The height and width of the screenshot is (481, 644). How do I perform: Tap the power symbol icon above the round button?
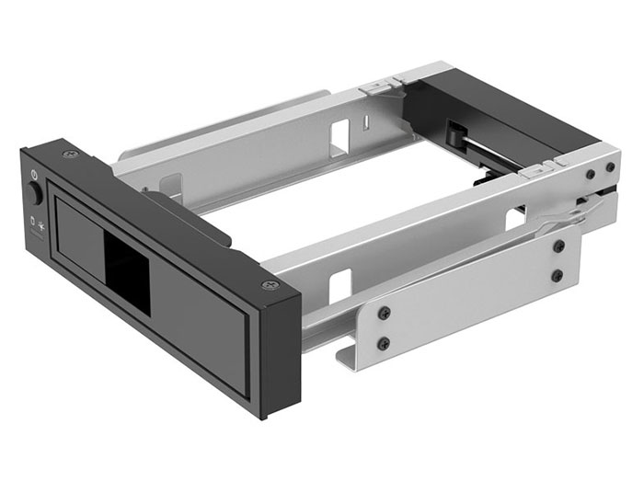pyautogui.click(x=34, y=175)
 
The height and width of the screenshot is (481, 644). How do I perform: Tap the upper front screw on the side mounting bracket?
pyautogui.click(x=383, y=313)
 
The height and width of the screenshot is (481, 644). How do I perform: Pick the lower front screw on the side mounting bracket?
pyautogui.click(x=384, y=343)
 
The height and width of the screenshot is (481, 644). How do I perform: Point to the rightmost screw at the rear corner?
pyautogui.click(x=608, y=169)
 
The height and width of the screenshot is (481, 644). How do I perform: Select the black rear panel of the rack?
pyautogui.click(x=515, y=110)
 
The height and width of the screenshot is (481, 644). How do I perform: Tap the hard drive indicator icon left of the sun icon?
pyautogui.click(x=32, y=222)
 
